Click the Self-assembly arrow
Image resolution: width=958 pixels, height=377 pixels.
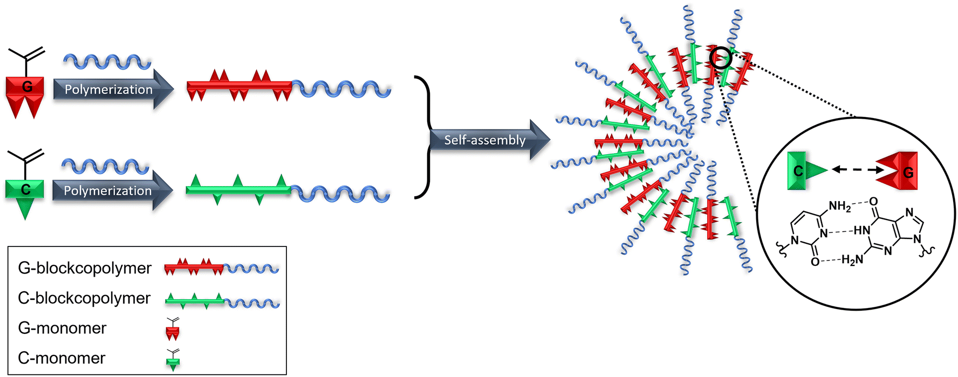point(490,140)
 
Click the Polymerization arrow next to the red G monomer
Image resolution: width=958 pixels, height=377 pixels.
point(113,89)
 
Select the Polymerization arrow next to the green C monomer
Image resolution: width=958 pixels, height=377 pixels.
point(113,190)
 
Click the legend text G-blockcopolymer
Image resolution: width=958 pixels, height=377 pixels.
point(85,268)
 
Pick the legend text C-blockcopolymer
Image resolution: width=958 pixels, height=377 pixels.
point(84,298)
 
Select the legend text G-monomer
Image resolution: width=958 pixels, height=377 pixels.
point(62,328)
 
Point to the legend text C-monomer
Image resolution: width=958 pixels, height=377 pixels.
point(61,358)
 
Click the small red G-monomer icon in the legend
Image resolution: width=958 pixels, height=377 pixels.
point(173,330)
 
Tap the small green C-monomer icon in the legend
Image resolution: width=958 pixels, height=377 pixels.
point(173,360)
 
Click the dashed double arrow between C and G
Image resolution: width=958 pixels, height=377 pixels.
point(853,170)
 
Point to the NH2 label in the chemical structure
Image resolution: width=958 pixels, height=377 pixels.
point(839,206)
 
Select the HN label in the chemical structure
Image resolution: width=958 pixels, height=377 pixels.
point(862,231)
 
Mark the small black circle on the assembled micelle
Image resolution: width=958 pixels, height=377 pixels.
point(721,58)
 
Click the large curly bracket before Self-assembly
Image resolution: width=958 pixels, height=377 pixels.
point(423,138)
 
